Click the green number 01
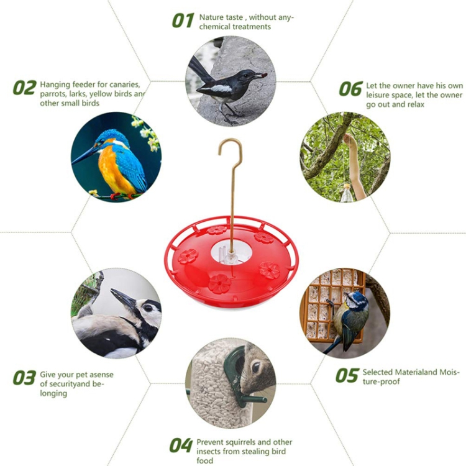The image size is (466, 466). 183,21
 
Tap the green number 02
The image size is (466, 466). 25,88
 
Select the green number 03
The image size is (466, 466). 24,378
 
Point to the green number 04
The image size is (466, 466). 181,445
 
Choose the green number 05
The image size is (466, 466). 347,375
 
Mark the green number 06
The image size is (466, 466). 351,89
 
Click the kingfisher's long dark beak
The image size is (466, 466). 85,155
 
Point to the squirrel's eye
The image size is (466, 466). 255,368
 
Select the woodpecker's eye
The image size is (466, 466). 147,308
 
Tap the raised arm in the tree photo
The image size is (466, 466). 355,167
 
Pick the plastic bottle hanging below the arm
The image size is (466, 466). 347,193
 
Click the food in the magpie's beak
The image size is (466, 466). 261,75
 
